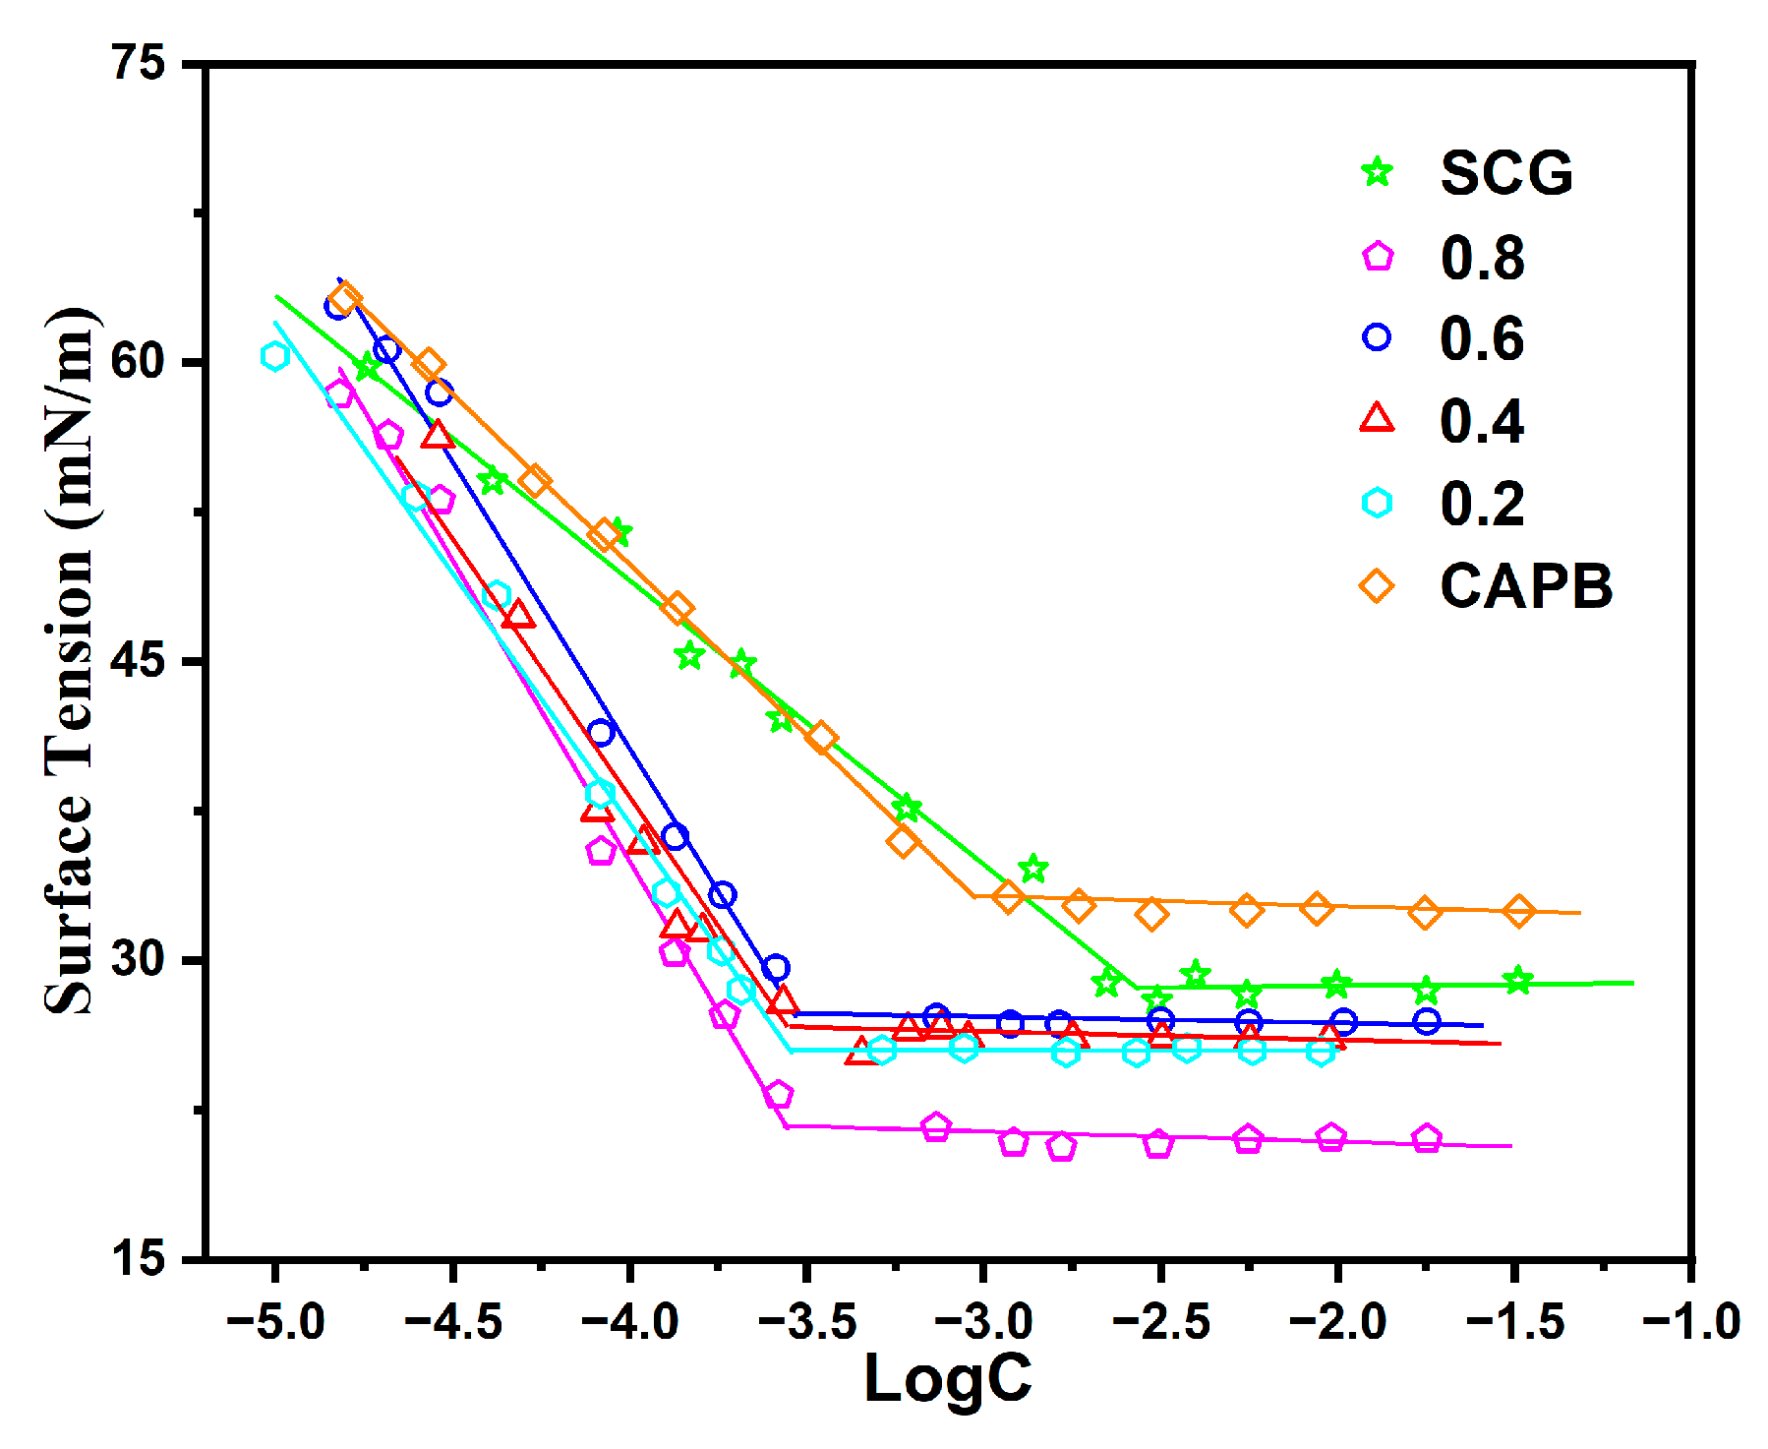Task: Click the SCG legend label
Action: pos(1506,173)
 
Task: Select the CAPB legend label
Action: pos(1526,586)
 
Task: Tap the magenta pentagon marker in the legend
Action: pos(1378,257)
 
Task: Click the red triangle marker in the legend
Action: pos(1377,419)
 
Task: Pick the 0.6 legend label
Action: pos(1482,338)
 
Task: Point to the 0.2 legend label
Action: pos(1482,504)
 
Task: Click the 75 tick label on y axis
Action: pos(138,64)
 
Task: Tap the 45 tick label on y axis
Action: pos(138,660)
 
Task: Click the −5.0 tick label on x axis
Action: pos(275,1320)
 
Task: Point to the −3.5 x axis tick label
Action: pos(806,1320)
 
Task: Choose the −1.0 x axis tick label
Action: pos(1691,1320)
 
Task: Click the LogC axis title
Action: pos(948,1377)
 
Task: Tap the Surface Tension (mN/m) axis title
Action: pos(69,660)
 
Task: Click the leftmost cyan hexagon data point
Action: pos(275,356)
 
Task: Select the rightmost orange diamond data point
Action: pos(1518,912)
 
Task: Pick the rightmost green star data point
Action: pos(1518,980)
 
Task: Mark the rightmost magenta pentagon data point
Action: pos(1427,1138)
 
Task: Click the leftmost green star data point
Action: pos(368,367)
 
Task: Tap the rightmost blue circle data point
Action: pos(1427,1021)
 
